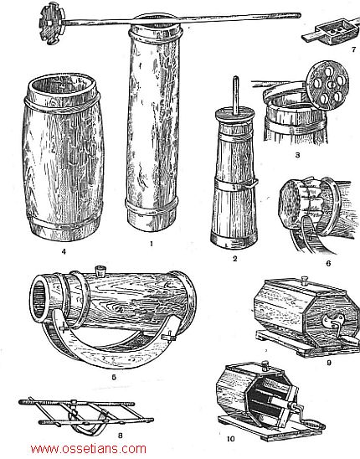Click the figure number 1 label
point(152,243)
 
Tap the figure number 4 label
point(64,251)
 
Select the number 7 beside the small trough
point(354,49)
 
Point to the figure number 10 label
point(230,439)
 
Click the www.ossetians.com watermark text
point(89,449)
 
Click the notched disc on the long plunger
point(50,23)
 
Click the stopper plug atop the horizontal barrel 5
point(101,271)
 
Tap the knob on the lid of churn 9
point(306,281)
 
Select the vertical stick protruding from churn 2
point(235,95)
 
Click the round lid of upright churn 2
point(235,115)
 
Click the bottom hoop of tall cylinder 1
point(152,206)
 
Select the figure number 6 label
point(328,264)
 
